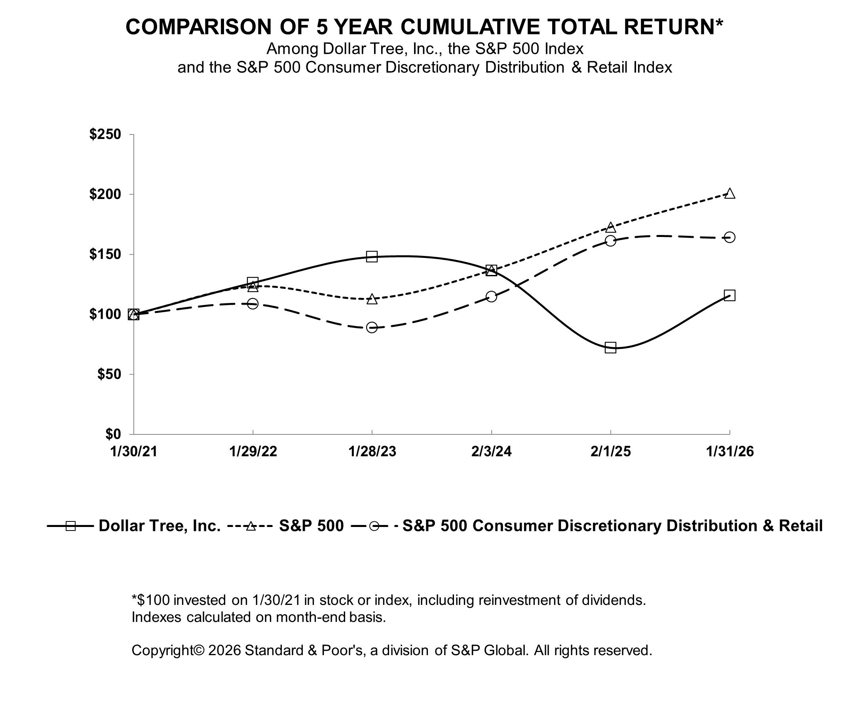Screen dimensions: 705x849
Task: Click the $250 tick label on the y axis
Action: pyautogui.click(x=105, y=135)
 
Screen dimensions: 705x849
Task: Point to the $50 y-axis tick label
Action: pyautogui.click(x=109, y=375)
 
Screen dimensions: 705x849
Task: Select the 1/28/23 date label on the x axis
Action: pyautogui.click(x=372, y=452)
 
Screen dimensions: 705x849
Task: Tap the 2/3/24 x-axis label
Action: pyautogui.click(x=491, y=452)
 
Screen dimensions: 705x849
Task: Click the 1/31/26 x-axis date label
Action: pyautogui.click(x=730, y=452)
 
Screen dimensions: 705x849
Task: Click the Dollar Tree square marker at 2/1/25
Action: pyautogui.click(x=610, y=347)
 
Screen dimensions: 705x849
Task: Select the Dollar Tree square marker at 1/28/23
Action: pyautogui.click(x=372, y=256)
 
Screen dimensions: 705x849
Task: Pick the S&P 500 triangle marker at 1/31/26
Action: pyautogui.click(x=730, y=193)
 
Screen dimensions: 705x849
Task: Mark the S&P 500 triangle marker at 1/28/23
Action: pyautogui.click(x=372, y=299)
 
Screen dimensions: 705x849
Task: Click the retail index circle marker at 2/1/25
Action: pyautogui.click(x=610, y=241)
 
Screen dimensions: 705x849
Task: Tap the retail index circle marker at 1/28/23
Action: pyautogui.click(x=372, y=327)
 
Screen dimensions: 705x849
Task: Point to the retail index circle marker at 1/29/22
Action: pyautogui.click(x=253, y=304)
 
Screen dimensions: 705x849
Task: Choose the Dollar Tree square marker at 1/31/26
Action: pyautogui.click(x=730, y=295)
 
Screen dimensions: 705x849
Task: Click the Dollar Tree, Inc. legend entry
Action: pyautogui.click(x=159, y=526)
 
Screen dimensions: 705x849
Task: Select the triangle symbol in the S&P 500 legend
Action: pyautogui.click(x=251, y=526)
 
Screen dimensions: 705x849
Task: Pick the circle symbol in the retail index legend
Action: pyautogui.click(x=374, y=526)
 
